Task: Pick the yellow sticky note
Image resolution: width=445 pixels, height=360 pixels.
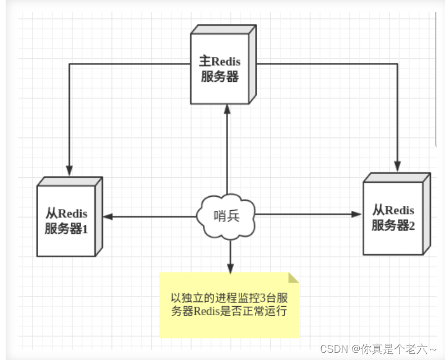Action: tap(229, 305)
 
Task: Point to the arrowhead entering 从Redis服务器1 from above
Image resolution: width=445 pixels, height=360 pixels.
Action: tap(69, 170)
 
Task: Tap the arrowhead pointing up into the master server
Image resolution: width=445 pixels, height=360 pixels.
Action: tap(227, 109)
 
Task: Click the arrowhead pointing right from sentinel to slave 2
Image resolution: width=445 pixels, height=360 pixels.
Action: tap(357, 214)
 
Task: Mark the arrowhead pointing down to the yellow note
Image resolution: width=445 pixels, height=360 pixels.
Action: tap(229, 268)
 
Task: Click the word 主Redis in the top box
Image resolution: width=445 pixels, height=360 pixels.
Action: tap(220, 61)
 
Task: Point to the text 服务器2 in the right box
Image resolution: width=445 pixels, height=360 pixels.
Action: tap(393, 225)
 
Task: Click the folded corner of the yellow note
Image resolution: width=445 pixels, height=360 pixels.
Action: tap(293, 278)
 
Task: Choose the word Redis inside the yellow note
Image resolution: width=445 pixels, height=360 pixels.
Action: tap(208, 311)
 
